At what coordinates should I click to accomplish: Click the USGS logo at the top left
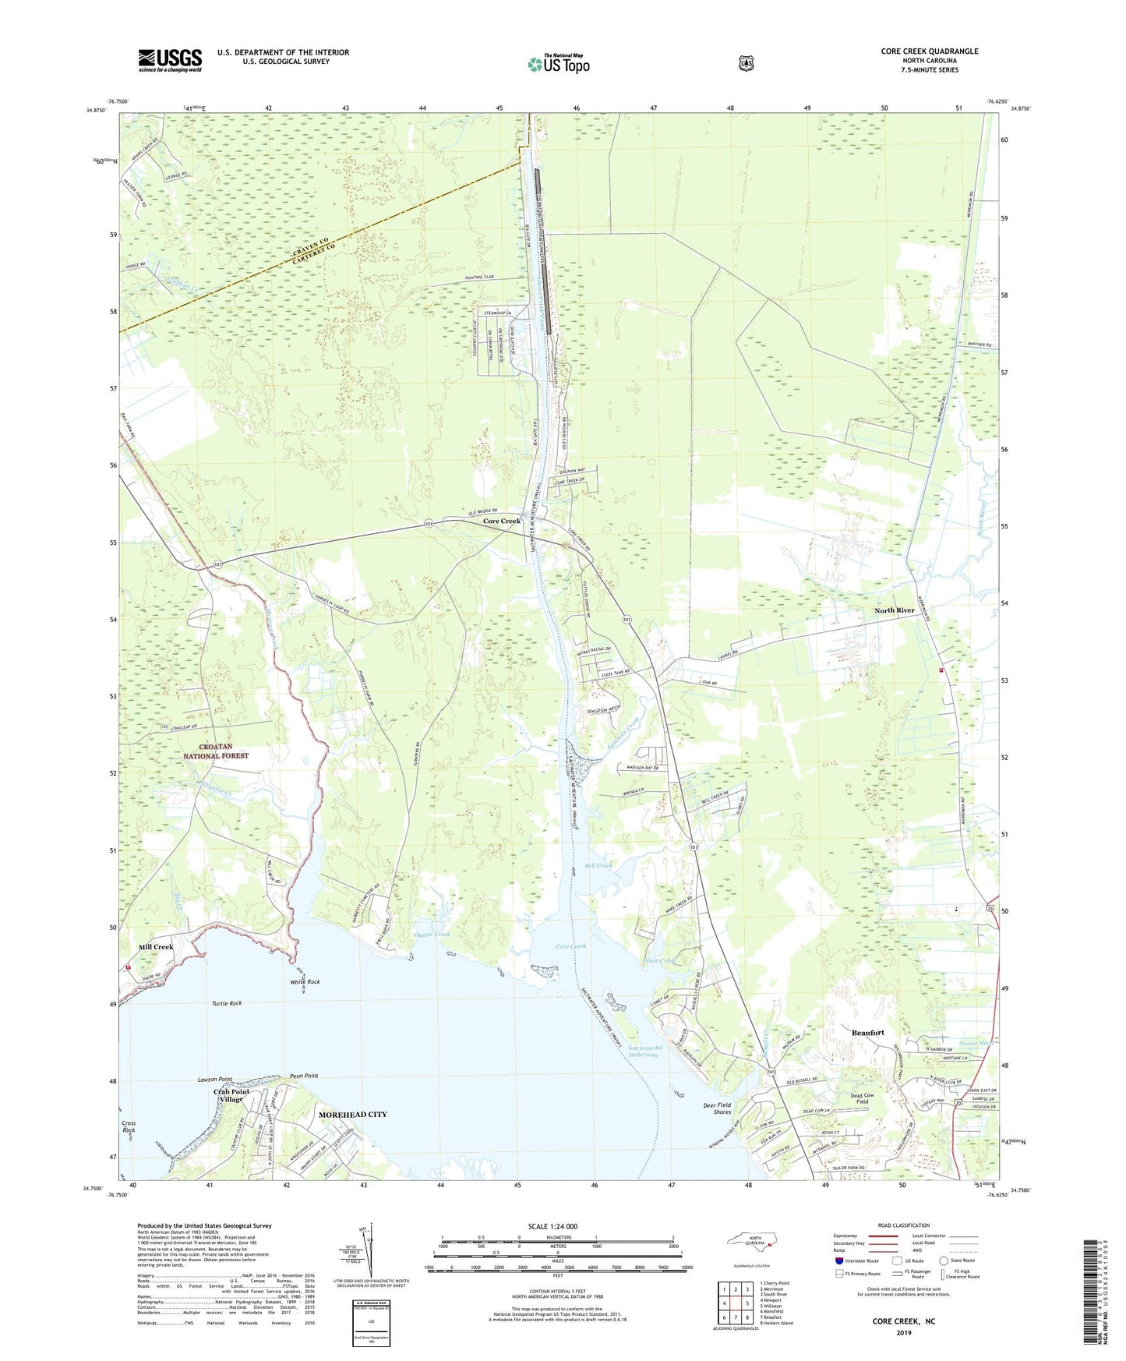(x=170, y=60)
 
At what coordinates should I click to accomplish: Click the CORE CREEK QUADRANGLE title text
(x=929, y=51)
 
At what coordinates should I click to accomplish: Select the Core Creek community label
(x=501, y=521)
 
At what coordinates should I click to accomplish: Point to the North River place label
(x=894, y=610)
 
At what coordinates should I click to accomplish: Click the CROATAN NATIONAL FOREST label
(x=216, y=751)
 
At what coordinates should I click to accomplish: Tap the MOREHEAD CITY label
(x=353, y=1115)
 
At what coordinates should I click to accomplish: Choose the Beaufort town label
(x=867, y=1033)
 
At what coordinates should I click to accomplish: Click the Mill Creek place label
(x=156, y=947)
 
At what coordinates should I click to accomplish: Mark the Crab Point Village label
(x=231, y=1095)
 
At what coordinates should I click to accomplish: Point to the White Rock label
(x=305, y=981)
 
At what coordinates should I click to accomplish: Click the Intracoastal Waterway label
(x=643, y=1052)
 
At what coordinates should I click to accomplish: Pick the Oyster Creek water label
(x=432, y=934)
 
